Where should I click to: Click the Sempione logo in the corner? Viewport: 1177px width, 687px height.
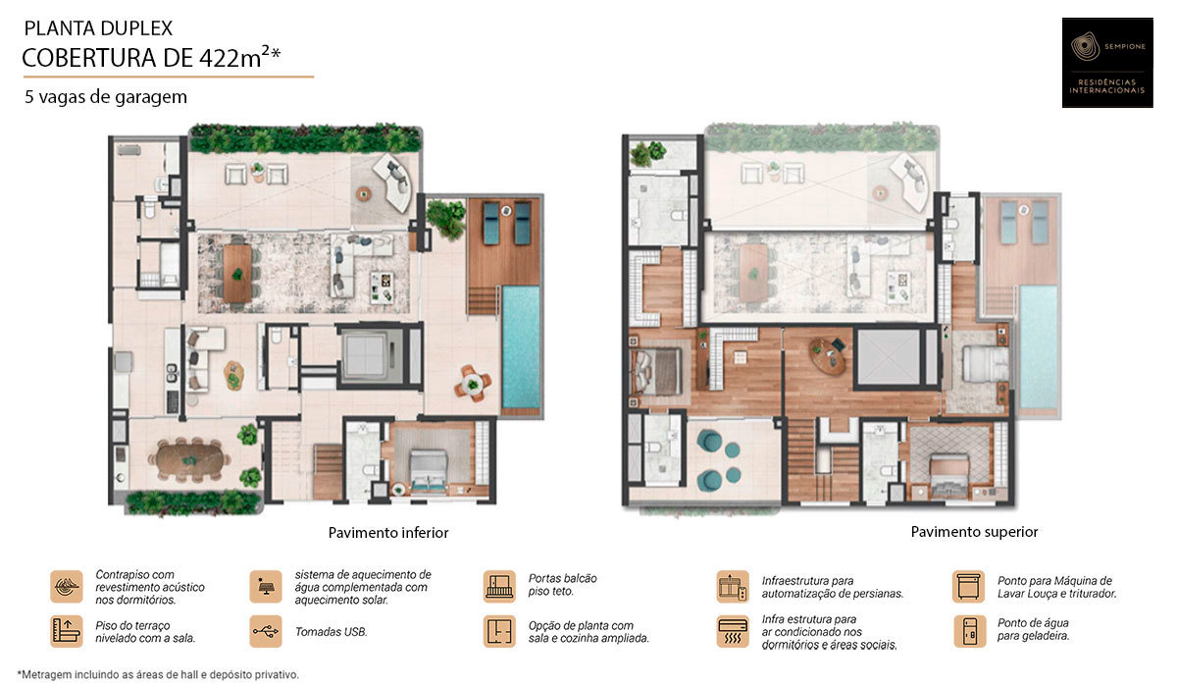click(1107, 62)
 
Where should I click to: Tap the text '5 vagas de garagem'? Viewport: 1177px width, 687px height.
click(106, 97)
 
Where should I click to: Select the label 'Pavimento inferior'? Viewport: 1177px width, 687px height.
click(388, 532)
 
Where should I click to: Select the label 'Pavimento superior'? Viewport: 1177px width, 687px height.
click(974, 531)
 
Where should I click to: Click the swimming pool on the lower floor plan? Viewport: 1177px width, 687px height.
click(521, 347)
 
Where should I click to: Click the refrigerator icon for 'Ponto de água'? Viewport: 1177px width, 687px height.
click(968, 631)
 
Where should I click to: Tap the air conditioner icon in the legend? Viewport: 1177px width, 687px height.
click(733, 631)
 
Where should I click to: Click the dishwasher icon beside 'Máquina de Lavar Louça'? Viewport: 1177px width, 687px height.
click(968, 587)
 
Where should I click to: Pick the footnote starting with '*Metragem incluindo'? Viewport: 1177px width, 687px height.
click(158, 674)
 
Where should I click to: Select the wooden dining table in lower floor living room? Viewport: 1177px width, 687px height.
click(237, 271)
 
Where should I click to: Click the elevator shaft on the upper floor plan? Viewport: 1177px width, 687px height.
click(888, 355)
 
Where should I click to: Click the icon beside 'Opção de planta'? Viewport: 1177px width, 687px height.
click(499, 631)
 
